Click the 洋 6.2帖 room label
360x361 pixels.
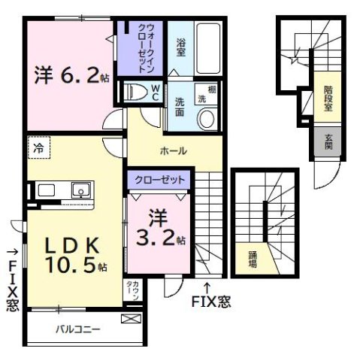pyautogui.click(x=66, y=75)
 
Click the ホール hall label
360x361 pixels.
pyautogui.click(x=173, y=150)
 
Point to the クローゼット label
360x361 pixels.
pyautogui.click(x=157, y=180)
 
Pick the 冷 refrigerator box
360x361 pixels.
pyautogui.click(x=37, y=149)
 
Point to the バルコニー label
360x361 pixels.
pyautogui.click(x=77, y=329)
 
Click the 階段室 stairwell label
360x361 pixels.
pyautogui.click(x=328, y=98)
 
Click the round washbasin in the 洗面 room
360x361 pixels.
pyautogui.click(x=206, y=118)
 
